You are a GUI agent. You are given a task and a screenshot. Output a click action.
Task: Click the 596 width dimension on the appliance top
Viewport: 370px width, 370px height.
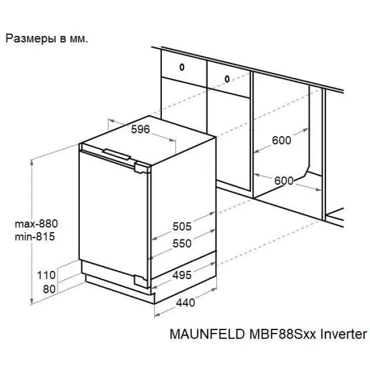[140, 129]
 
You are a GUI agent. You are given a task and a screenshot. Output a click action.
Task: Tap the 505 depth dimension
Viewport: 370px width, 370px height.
[182, 226]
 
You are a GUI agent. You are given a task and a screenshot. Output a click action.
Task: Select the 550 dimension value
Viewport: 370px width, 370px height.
[182, 243]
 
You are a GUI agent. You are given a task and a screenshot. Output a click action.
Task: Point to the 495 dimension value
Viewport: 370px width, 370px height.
[182, 275]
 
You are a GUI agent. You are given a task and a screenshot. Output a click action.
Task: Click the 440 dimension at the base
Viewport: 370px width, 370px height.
[186, 303]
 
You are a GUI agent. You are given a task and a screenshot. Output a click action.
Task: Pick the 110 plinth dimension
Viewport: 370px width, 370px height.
[46, 275]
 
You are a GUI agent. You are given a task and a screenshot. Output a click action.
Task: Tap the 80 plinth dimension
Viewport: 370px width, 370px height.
[49, 289]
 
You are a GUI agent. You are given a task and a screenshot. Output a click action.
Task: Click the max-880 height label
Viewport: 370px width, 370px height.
[36, 224]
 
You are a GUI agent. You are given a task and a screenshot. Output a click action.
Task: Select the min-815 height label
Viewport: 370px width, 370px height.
[35, 237]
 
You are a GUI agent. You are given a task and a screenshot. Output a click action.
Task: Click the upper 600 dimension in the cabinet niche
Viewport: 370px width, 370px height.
[282, 140]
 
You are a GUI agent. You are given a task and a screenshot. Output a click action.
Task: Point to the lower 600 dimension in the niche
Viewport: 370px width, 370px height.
[284, 181]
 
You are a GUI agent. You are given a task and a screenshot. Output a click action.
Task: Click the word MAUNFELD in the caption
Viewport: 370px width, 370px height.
[207, 334]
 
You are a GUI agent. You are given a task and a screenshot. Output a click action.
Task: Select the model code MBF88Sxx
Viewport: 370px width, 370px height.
[283, 334]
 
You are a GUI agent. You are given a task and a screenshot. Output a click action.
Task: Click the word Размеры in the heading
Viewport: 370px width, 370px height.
[31, 39]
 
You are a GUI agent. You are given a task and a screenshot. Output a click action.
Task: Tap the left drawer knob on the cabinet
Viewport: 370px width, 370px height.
[182, 67]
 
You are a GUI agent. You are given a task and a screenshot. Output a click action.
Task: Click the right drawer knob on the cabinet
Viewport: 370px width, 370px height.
[227, 79]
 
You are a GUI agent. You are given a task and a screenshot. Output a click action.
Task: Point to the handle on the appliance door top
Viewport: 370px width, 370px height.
[117, 154]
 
